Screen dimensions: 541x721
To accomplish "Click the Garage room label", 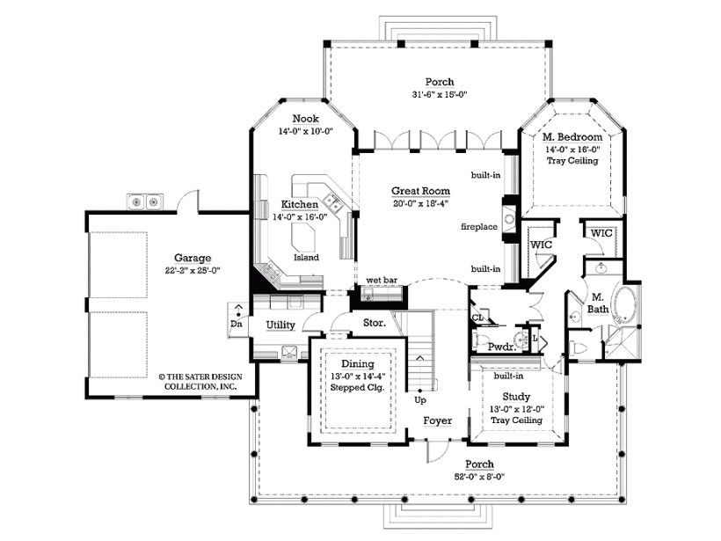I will pyautogui.click(x=192, y=258).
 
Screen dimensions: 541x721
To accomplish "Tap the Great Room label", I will pyautogui.click(x=422, y=190).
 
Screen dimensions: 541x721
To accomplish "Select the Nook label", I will pyautogui.click(x=305, y=119).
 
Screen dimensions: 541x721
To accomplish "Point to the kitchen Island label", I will pyautogui.click(x=307, y=257).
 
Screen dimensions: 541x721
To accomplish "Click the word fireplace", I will pyautogui.click(x=479, y=227).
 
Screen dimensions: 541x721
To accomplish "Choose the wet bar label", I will pyautogui.click(x=382, y=281).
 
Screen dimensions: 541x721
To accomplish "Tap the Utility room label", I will pyautogui.click(x=280, y=325).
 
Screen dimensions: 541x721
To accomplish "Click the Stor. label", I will pyautogui.click(x=351, y=323).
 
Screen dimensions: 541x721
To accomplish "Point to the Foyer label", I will pyautogui.click(x=437, y=420).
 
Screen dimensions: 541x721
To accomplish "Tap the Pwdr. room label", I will pyautogui.click(x=500, y=347).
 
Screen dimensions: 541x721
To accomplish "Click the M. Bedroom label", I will pyautogui.click(x=572, y=138).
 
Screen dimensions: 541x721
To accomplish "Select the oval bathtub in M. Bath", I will pyautogui.click(x=626, y=306).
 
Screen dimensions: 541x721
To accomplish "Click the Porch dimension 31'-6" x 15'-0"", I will pyautogui.click(x=439, y=95).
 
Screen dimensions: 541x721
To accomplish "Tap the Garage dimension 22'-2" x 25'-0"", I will pyautogui.click(x=192, y=271).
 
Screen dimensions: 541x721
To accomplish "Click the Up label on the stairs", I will pyautogui.click(x=420, y=399).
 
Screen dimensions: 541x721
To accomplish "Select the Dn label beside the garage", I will pyautogui.click(x=237, y=323).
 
